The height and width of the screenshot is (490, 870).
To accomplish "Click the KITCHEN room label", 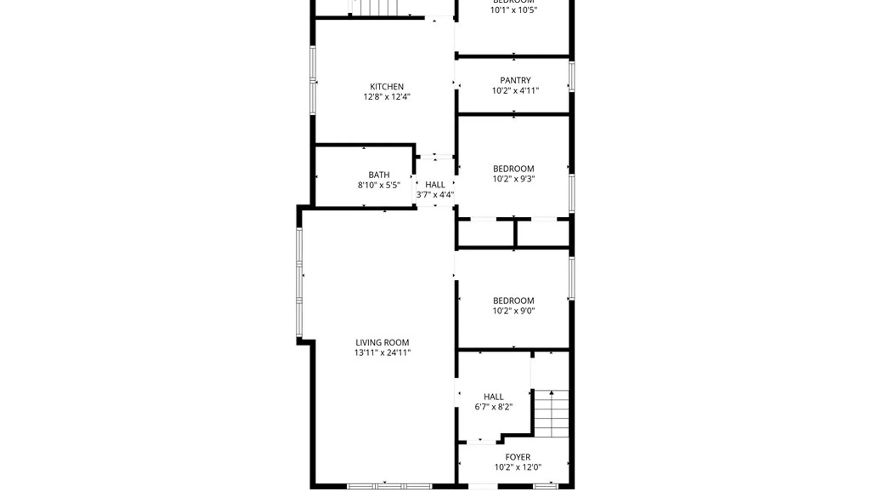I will click(x=387, y=87).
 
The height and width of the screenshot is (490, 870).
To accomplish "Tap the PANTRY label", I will click(x=515, y=80).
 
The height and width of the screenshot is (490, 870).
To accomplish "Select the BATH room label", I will click(x=379, y=175).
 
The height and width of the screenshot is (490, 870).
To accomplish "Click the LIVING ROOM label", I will click(x=382, y=343).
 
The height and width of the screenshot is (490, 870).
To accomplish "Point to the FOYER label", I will click(x=517, y=457).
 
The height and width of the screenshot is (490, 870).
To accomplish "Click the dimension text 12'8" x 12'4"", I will click(x=387, y=97).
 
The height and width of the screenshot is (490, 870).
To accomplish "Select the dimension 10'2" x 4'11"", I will click(x=515, y=91).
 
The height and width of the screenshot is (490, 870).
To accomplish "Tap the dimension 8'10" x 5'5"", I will click(x=379, y=185).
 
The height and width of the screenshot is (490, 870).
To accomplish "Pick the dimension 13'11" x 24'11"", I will click(x=382, y=353).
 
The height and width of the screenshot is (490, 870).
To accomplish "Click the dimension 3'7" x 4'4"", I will click(x=435, y=195).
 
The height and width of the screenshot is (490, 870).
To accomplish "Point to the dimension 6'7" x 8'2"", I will click(x=493, y=407).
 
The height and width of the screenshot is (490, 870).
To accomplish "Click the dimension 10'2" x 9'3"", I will click(x=513, y=179).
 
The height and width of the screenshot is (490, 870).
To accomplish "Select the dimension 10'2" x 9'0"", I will click(x=513, y=311).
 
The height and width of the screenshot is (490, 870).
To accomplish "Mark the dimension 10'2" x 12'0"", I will click(x=517, y=467).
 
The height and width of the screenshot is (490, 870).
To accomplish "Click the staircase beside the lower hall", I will click(x=551, y=413).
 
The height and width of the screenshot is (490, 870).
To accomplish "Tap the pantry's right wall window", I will click(x=572, y=76).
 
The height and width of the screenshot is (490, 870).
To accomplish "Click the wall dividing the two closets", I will click(x=515, y=233).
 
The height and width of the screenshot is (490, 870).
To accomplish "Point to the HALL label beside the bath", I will click(x=435, y=185).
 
